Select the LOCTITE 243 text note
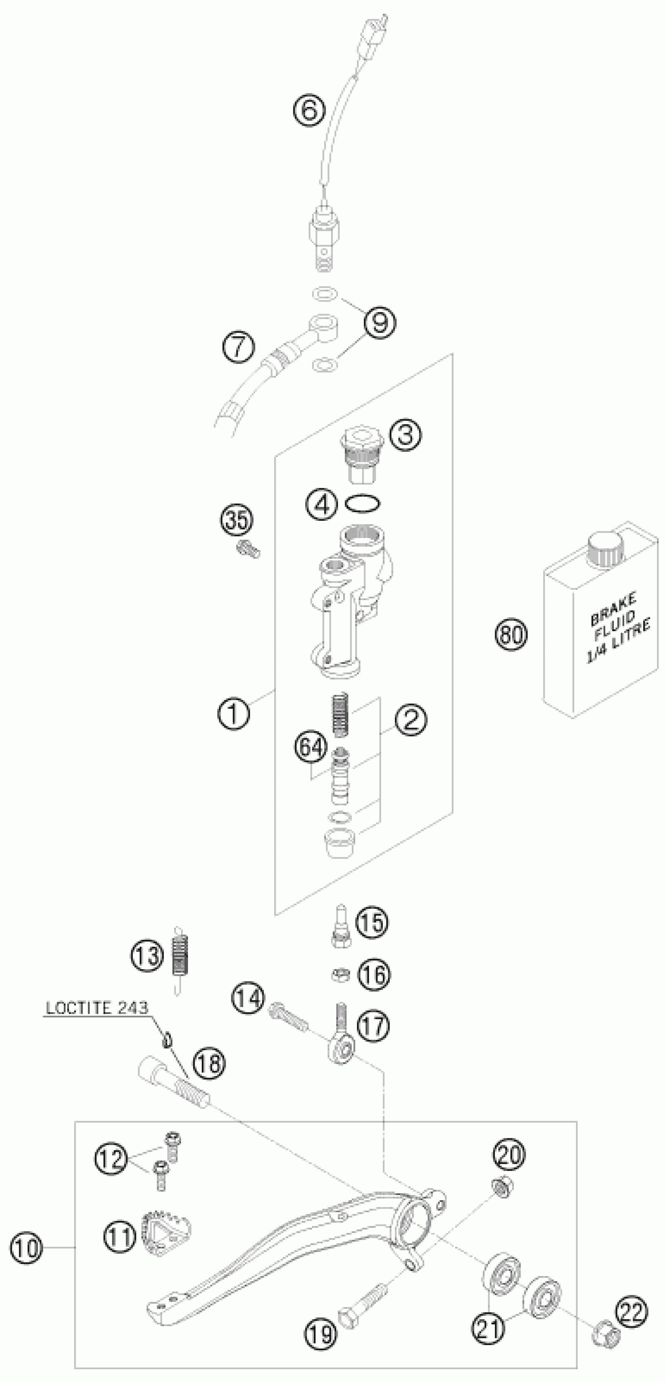97,1008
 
